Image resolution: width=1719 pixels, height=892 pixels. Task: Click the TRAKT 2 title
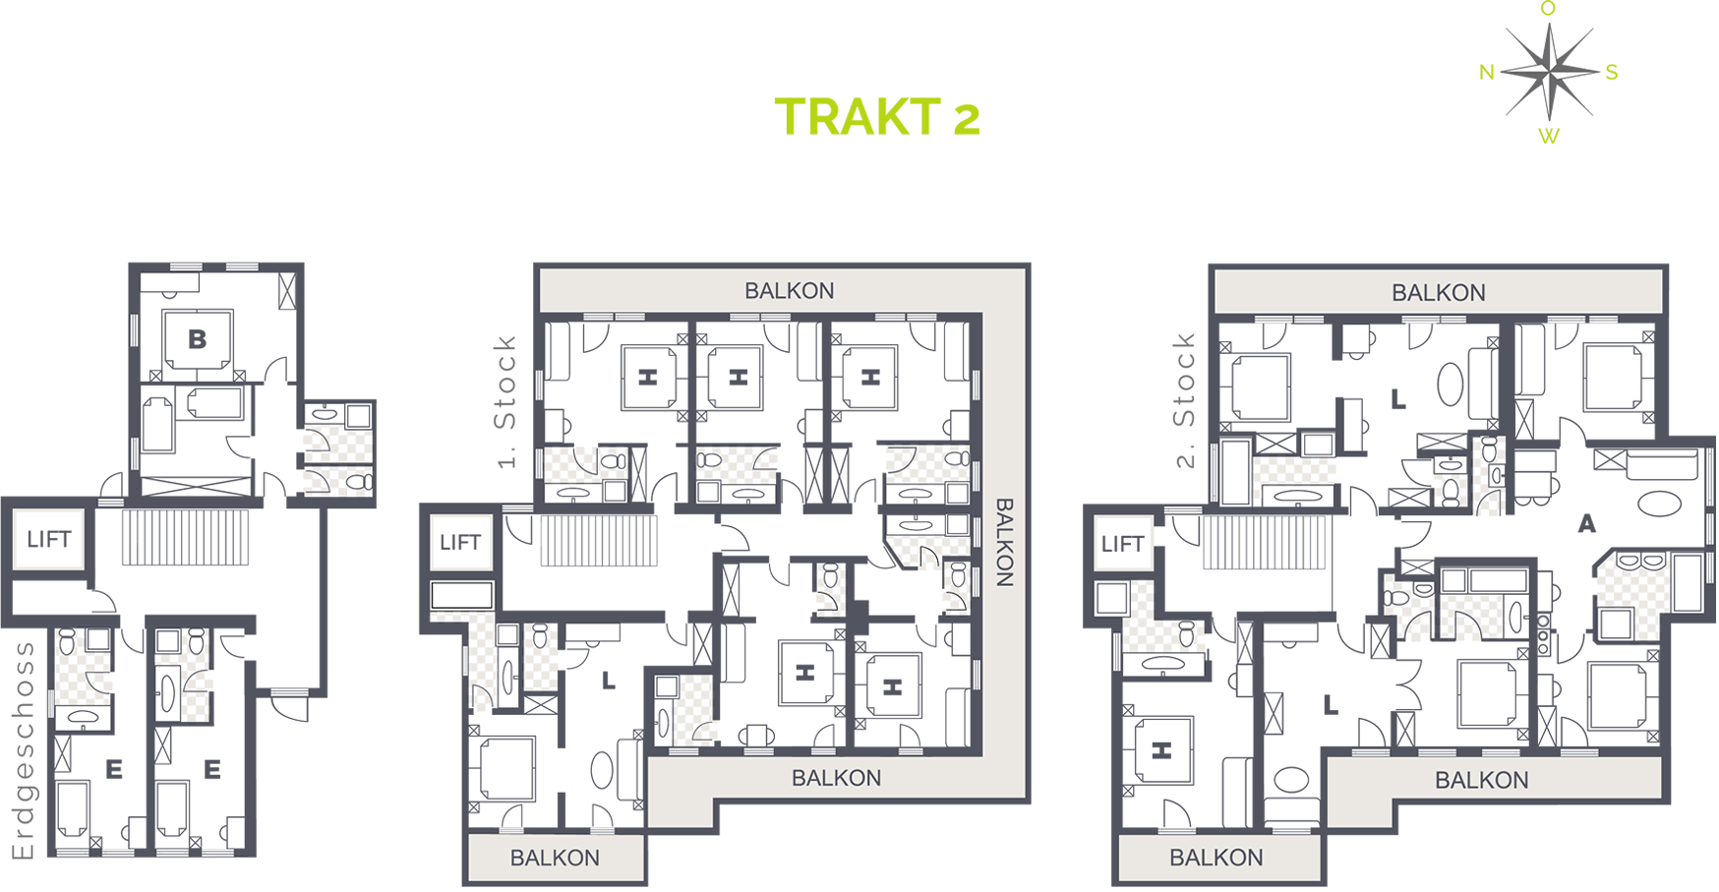tap(877, 117)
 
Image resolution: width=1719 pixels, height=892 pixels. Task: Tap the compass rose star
tap(1549, 71)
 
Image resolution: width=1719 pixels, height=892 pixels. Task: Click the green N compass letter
tap(1487, 72)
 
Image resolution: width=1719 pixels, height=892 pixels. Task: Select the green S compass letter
tap(1612, 72)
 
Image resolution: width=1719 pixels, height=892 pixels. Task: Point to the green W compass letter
tap(1549, 137)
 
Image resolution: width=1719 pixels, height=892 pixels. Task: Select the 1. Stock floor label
tap(504, 401)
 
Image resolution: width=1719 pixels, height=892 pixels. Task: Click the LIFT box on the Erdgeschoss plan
tap(49, 539)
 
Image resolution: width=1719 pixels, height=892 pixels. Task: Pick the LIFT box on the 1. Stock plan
tap(460, 542)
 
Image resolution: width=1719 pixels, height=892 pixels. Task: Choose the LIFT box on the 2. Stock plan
tap(1122, 544)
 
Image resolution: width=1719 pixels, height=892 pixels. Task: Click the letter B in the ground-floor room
tap(198, 339)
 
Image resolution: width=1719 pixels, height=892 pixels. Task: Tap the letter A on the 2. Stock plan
tap(1586, 524)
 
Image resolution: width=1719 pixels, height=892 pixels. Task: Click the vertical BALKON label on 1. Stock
tap(1004, 542)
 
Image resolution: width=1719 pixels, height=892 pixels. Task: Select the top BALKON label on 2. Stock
tap(1438, 293)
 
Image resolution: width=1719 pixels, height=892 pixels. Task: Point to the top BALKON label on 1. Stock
tap(789, 291)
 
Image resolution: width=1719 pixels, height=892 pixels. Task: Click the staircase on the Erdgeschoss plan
tap(185, 537)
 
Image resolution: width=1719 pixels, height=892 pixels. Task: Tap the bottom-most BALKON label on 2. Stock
tap(1215, 858)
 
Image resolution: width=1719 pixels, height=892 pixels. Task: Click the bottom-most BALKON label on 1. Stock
tap(555, 858)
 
